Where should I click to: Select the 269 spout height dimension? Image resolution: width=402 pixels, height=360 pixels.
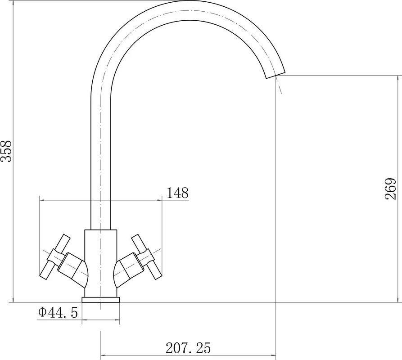[x=391, y=189]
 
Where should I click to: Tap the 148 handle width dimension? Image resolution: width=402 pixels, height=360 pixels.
[x=177, y=193]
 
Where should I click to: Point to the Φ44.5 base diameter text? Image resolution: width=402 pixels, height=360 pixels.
[x=58, y=312]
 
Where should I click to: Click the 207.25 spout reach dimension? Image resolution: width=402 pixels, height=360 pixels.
[x=188, y=347]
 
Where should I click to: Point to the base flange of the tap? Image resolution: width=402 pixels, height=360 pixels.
[x=100, y=300]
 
